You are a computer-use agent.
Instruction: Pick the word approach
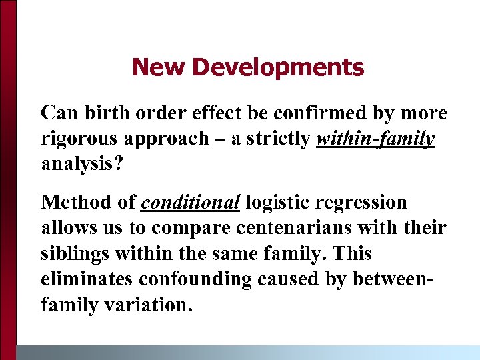tap(170, 139)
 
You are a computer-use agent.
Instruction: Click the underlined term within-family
tap(377, 139)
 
